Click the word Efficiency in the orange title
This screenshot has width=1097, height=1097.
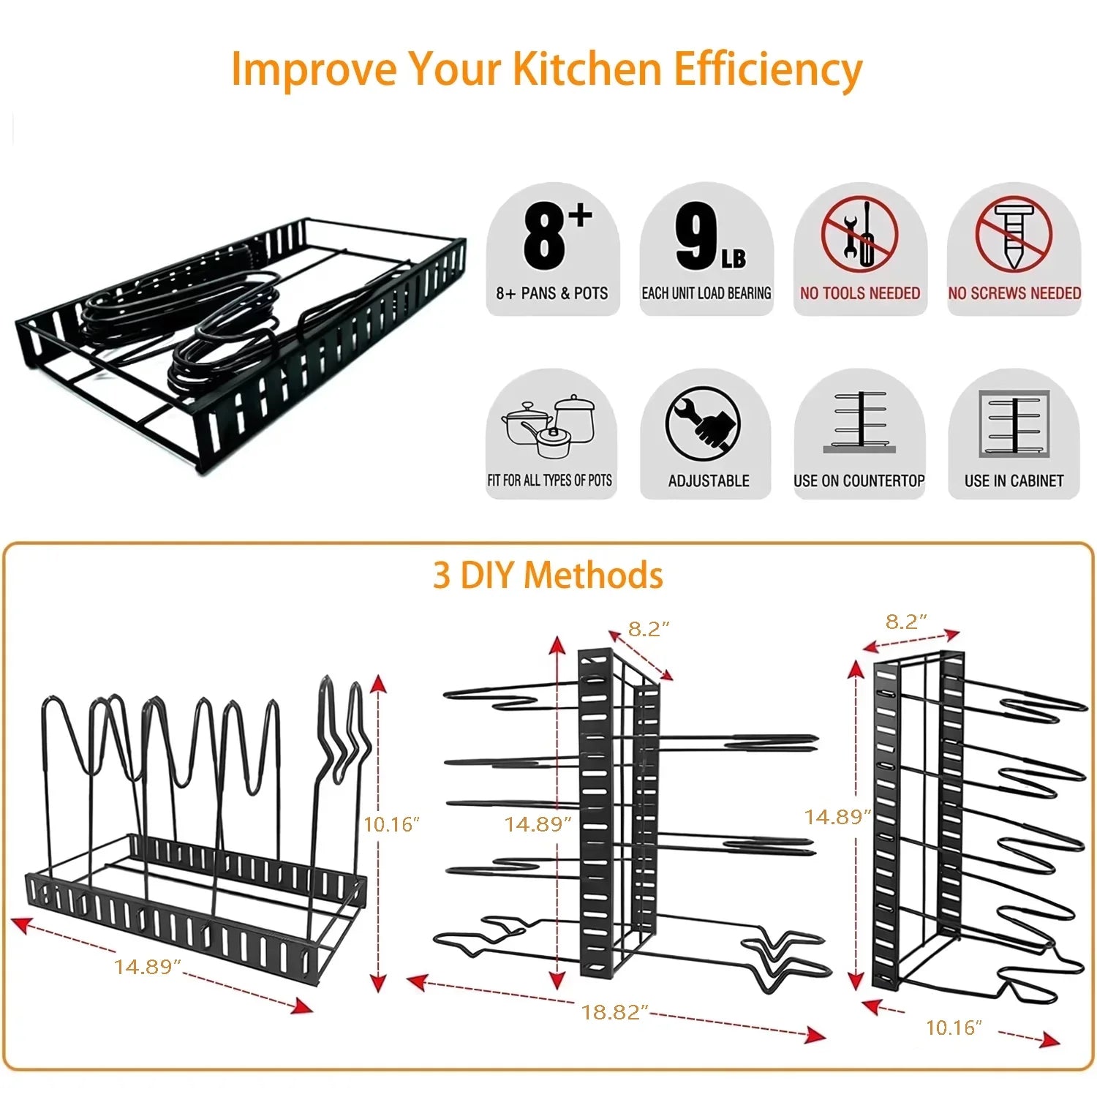click(x=767, y=69)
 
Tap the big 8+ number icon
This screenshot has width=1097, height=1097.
click(x=554, y=235)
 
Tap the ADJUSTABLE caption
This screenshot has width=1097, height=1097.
click(x=709, y=481)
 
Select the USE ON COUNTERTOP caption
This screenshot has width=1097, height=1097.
click(x=859, y=481)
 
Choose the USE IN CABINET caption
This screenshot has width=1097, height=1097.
click(x=1014, y=481)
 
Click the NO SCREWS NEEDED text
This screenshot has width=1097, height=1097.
click(x=1014, y=293)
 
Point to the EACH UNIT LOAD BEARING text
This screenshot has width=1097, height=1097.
click(x=706, y=293)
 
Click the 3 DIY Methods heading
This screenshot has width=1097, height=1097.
click(x=548, y=576)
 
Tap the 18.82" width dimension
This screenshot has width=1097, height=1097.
click(x=614, y=1012)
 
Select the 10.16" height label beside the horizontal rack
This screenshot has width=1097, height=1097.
click(x=391, y=825)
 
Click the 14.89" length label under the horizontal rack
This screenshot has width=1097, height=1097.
click(x=147, y=967)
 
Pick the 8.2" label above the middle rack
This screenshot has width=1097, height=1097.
click(x=649, y=629)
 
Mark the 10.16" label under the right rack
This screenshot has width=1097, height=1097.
click(x=954, y=1028)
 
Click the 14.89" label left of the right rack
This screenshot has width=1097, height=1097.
click(x=837, y=817)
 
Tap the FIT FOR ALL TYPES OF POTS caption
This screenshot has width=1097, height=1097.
click(x=550, y=481)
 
